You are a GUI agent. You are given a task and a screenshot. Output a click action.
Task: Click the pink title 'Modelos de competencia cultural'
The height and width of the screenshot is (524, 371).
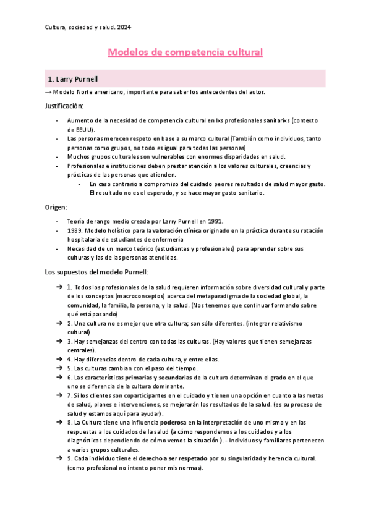185,53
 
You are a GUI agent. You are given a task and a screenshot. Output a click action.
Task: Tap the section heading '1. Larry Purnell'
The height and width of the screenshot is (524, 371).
72,79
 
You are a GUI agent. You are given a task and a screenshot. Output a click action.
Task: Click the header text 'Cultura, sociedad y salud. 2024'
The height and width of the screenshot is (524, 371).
88,27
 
